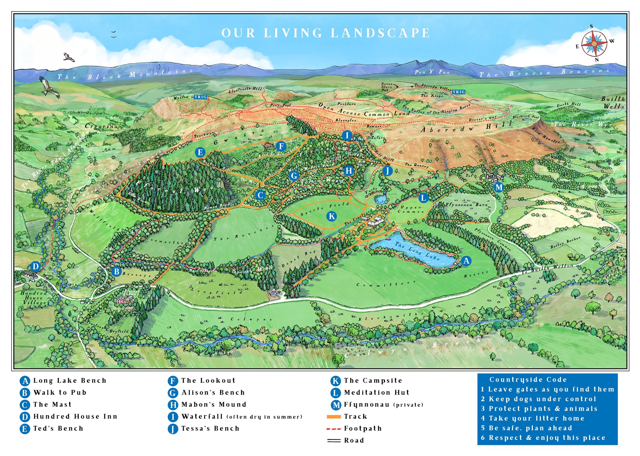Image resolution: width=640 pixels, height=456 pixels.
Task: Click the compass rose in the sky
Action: point(594,43)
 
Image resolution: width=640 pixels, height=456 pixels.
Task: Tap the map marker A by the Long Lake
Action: point(466,261)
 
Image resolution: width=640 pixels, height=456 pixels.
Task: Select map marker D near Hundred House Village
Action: point(36,266)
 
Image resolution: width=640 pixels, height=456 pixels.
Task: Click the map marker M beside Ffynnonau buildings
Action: point(499,187)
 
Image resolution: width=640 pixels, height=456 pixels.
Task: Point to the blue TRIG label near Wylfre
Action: point(200,97)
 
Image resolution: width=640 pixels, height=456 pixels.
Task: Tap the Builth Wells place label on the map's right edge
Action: point(613,102)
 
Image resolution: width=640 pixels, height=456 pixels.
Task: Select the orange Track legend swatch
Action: point(333,417)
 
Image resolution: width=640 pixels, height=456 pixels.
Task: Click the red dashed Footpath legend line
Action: point(333,429)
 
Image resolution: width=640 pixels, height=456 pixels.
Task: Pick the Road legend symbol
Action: point(333,441)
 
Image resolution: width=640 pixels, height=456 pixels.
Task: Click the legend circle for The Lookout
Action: point(172,381)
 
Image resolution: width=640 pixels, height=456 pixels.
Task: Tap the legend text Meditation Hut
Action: point(377,393)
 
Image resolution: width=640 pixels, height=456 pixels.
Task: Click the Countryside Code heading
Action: point(528,380)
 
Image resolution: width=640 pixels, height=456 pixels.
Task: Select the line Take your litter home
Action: point(536,419)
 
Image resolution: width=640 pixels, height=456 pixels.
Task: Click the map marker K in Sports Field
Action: point(332,216)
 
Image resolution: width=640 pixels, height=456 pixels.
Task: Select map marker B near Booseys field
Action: point(116,271)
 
